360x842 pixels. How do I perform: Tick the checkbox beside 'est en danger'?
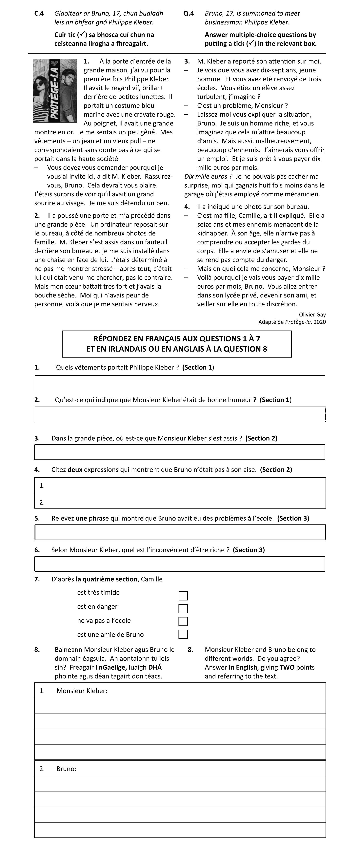point(183,608)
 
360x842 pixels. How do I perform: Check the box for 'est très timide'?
point(183,596)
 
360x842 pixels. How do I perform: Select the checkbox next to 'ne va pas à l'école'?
point(183,621)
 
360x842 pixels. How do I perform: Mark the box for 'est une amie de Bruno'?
point(183,634)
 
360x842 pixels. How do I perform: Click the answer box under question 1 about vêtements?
point(180,383)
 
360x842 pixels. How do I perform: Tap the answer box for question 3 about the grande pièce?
point(180,452)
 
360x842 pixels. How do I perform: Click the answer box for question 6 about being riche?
point(180,564)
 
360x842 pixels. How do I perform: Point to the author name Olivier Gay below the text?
point(312,315)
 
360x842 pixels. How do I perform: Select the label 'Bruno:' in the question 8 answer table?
point(66,769)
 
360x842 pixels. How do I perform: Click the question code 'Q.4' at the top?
point(189,13)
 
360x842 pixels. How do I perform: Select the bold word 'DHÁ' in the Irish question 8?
point(155,667)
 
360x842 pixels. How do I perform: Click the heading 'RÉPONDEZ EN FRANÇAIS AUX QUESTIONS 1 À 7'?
point(177,339)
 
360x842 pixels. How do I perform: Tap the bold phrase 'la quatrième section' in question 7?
point(106,579)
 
